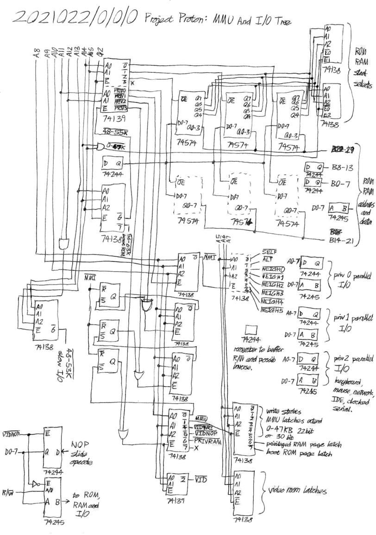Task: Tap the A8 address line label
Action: [x=37, y=54]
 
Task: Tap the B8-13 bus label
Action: [x=341, y=167]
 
